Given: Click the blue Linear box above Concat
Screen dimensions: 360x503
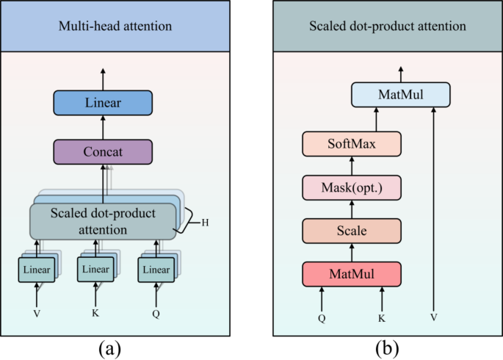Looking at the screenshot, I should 103,102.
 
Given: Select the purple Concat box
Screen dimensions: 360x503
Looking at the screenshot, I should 103,152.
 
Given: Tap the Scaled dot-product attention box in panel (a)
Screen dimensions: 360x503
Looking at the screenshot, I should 103,221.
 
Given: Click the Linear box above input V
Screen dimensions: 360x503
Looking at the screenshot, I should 36,270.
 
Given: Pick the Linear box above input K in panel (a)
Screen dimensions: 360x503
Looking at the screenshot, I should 95,270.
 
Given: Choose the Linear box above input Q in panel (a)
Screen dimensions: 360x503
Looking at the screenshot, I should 155,270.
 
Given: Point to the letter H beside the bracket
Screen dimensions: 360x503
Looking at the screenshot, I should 205,223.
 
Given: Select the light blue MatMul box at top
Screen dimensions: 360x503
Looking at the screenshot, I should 400,95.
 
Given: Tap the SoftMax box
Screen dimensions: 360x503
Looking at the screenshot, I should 352,144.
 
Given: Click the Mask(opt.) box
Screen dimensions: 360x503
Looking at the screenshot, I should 352,187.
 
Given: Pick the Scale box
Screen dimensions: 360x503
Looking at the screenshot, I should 352,231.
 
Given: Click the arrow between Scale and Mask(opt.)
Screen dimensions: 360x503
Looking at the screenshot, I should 352,209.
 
